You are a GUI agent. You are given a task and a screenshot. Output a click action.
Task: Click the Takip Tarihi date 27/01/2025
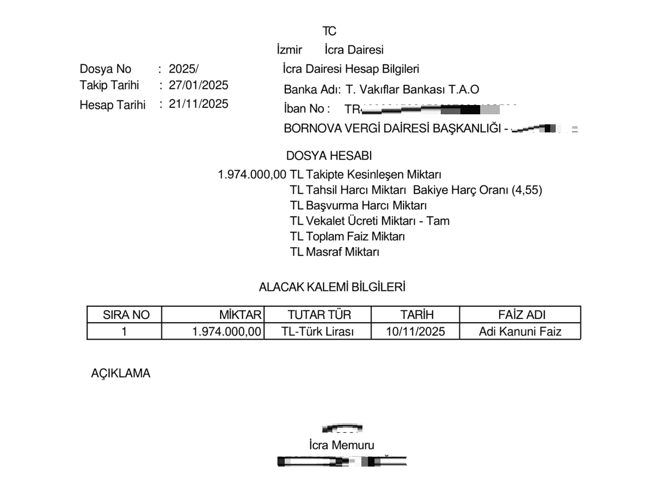(198, 85)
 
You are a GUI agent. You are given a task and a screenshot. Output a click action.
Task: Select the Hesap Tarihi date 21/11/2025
(198, 104)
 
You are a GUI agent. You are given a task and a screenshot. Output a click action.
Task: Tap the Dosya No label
(106, 69)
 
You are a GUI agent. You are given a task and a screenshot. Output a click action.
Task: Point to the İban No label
(307, 109)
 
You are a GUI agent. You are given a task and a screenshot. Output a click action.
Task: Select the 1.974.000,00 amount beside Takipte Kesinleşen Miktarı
(252, 175)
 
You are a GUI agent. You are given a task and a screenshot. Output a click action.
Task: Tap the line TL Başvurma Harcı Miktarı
(358, 206)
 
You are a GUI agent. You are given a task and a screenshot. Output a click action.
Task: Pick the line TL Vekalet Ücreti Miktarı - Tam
(370, 221)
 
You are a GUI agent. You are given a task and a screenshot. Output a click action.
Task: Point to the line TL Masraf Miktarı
(335, 252)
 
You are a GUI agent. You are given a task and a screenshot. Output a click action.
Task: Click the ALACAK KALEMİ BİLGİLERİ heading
(332, 287)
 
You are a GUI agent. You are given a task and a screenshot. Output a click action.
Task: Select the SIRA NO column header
(124, 315)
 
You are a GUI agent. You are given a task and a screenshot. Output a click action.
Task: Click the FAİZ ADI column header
(520, 315)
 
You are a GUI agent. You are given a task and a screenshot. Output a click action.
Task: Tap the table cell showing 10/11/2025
(415, 331)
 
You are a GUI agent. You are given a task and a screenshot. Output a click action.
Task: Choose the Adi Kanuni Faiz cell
(520, 331)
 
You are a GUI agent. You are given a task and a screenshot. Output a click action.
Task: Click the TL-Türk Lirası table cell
(318, 331)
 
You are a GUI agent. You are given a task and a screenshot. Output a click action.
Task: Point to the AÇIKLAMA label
(120, 374)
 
